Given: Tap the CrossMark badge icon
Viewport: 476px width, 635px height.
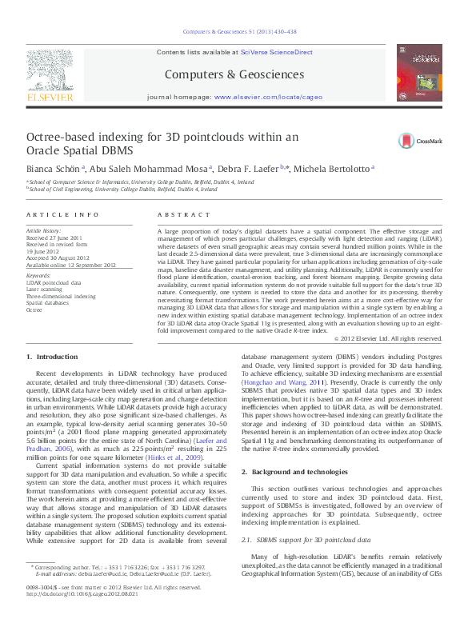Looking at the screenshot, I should tap(407, 141).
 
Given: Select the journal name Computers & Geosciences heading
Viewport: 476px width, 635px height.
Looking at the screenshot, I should tap(238, 74).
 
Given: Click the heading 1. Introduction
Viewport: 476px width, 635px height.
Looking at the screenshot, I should tap(52, 356).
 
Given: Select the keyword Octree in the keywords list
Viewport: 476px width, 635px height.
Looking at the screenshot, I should tap(34, 310).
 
